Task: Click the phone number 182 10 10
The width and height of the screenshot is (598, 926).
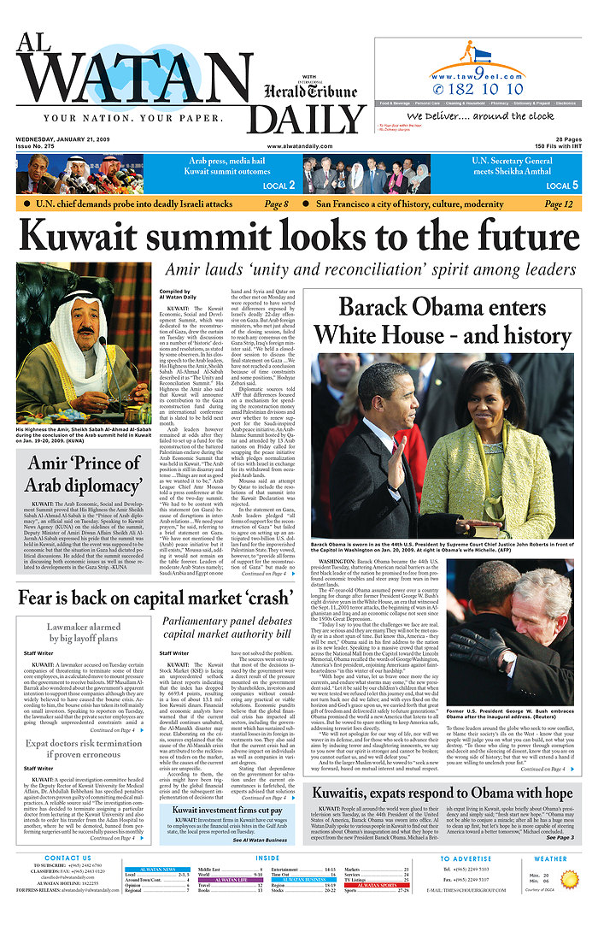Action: click(489, 89)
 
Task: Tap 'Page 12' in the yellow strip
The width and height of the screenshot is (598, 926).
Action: click(559, 204)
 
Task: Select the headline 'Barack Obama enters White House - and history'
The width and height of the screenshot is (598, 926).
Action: click(443, 319)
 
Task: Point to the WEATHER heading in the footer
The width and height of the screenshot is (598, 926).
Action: click(549, 858)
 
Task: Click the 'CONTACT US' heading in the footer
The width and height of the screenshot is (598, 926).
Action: click(67, 858)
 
